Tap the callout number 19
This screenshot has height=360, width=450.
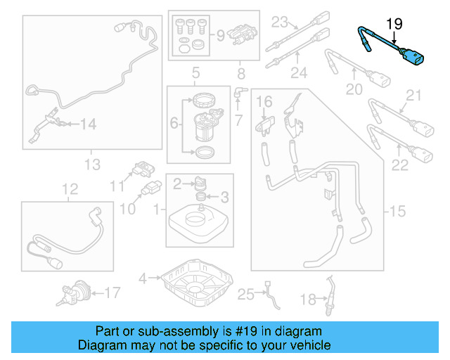(395, 24)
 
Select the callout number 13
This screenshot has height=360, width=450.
(93, 165)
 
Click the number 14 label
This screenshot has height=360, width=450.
(87, 124)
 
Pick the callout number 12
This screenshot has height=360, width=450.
(69, 188)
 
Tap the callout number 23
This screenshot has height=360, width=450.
(281, 21)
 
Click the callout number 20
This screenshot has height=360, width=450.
(354, 90)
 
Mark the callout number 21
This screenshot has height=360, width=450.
(413, 96)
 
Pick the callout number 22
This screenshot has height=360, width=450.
(400, 165)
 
